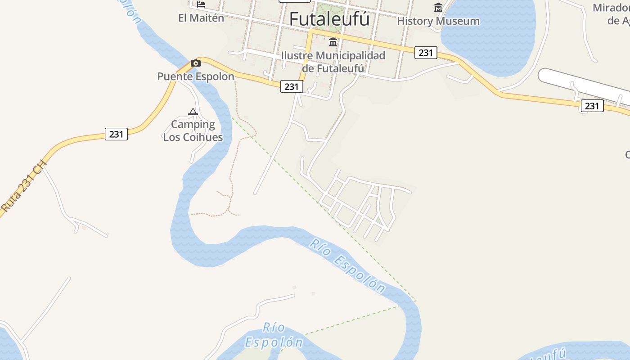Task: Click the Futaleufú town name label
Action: tap(329, 19)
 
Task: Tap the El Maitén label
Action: tap(201, 18)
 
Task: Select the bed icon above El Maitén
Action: tap(201, 4)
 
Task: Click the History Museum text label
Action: tap(438, 21)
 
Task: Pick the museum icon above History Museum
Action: tap(438, 7)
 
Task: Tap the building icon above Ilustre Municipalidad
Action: tap(333, 42)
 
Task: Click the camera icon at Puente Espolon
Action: tap(196, 63)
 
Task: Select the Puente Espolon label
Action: tap(196, 76)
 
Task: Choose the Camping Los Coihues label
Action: tap(193, 130)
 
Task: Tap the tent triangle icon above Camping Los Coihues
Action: tap(193, 112)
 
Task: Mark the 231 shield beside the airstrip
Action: tap(592, 106)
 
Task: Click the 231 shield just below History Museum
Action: tap(425, 53)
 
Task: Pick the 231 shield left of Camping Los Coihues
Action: tap(116, 134)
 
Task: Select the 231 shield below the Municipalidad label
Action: tap(292, 86)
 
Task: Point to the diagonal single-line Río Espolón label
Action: tap(347, 266)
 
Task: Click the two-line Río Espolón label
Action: tap(274, 335)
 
